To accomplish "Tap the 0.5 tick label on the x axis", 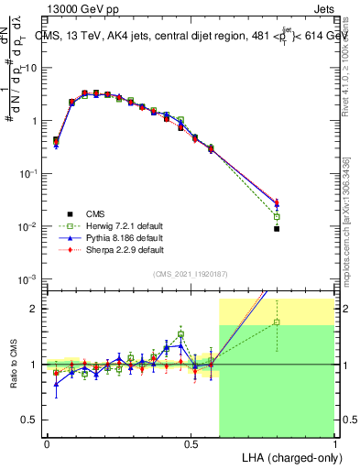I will [x=191, y=444].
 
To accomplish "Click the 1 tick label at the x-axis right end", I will [x=334, y=444].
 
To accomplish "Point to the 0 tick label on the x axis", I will [x=47, y=444].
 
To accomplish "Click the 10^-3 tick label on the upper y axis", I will [x=29, y=278].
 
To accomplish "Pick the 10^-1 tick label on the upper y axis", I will [x=29, y=173].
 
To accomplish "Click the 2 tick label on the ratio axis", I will [x=37, y=309].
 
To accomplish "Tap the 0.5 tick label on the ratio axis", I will [x=33, y=420].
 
